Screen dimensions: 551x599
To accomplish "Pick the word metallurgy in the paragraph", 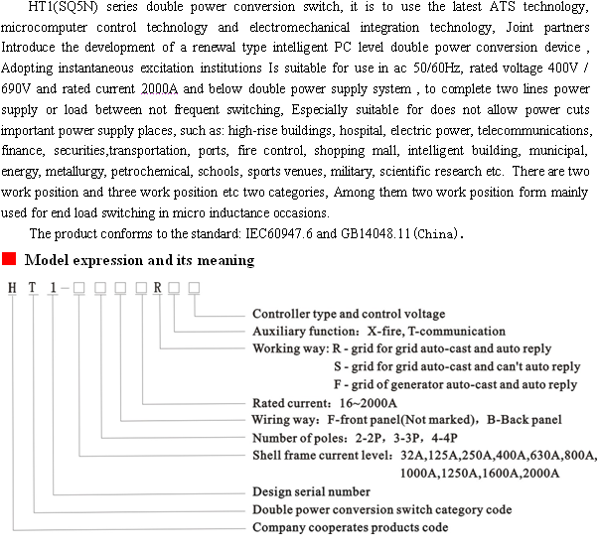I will [x=78, y=172].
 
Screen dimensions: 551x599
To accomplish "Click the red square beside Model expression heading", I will [x=8, y=260].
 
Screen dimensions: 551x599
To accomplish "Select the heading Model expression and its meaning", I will [x=139, y=261].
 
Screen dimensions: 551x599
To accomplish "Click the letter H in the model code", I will [x=13, y=289].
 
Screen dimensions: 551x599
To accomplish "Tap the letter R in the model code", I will [x=157, y=289].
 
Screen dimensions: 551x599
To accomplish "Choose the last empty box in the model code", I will [x=194, y=289].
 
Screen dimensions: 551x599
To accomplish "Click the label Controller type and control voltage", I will [x=349, y=315].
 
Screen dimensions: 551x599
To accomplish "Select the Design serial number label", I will [x=311, y=491].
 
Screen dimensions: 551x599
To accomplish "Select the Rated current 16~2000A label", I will [x=324, y=404].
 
